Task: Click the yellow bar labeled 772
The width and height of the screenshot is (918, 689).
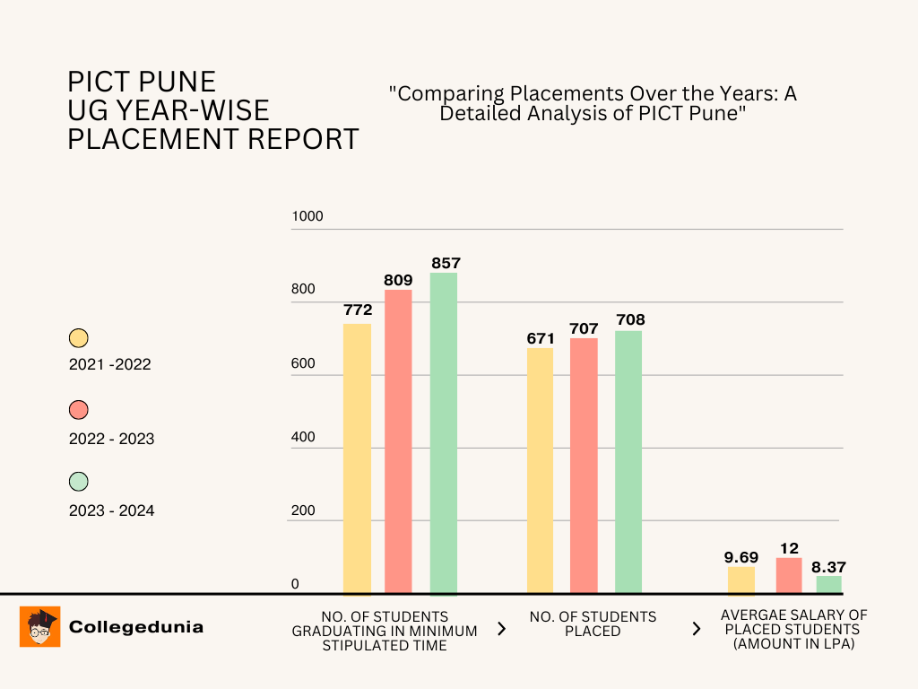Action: pos(357,458)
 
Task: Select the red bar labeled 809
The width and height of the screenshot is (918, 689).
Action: pos(398,440)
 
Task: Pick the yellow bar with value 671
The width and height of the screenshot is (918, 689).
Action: pos(540,470)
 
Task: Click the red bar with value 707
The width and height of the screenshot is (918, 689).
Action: pos(584,465)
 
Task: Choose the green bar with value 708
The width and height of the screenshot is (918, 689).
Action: pos(628,461)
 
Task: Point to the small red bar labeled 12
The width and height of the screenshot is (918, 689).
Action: pos(789,575)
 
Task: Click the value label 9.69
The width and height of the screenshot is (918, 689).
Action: pos(741,557)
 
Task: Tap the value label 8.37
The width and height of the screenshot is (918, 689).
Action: pos(828,567)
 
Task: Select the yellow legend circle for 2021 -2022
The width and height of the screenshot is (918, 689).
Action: pos(79,338)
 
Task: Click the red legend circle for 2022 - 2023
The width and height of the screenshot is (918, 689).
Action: pos(79,410)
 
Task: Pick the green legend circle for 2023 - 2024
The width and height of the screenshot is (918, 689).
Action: pos(79,482)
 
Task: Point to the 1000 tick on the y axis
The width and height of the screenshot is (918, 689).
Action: pos(307,216)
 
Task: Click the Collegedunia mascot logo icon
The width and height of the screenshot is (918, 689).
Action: pos(40,626)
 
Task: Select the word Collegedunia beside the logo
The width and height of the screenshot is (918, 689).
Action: pos(136,627)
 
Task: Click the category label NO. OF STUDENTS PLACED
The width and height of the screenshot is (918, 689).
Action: pos(593,624)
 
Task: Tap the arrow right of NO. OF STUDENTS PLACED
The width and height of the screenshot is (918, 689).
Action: pos(696,628)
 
